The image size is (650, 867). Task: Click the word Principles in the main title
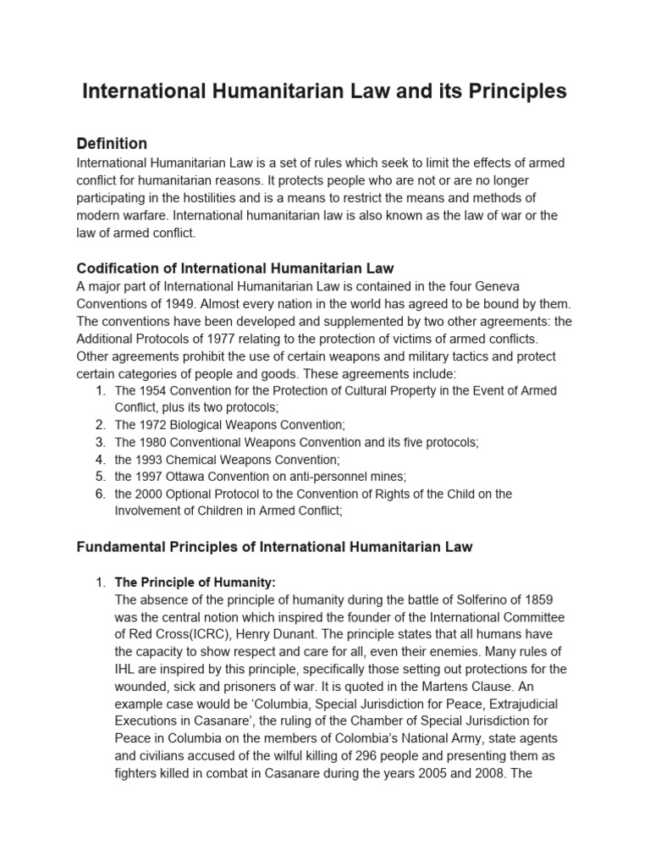(x=513, y=91)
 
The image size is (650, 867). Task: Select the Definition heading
(x=112, y=143)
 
